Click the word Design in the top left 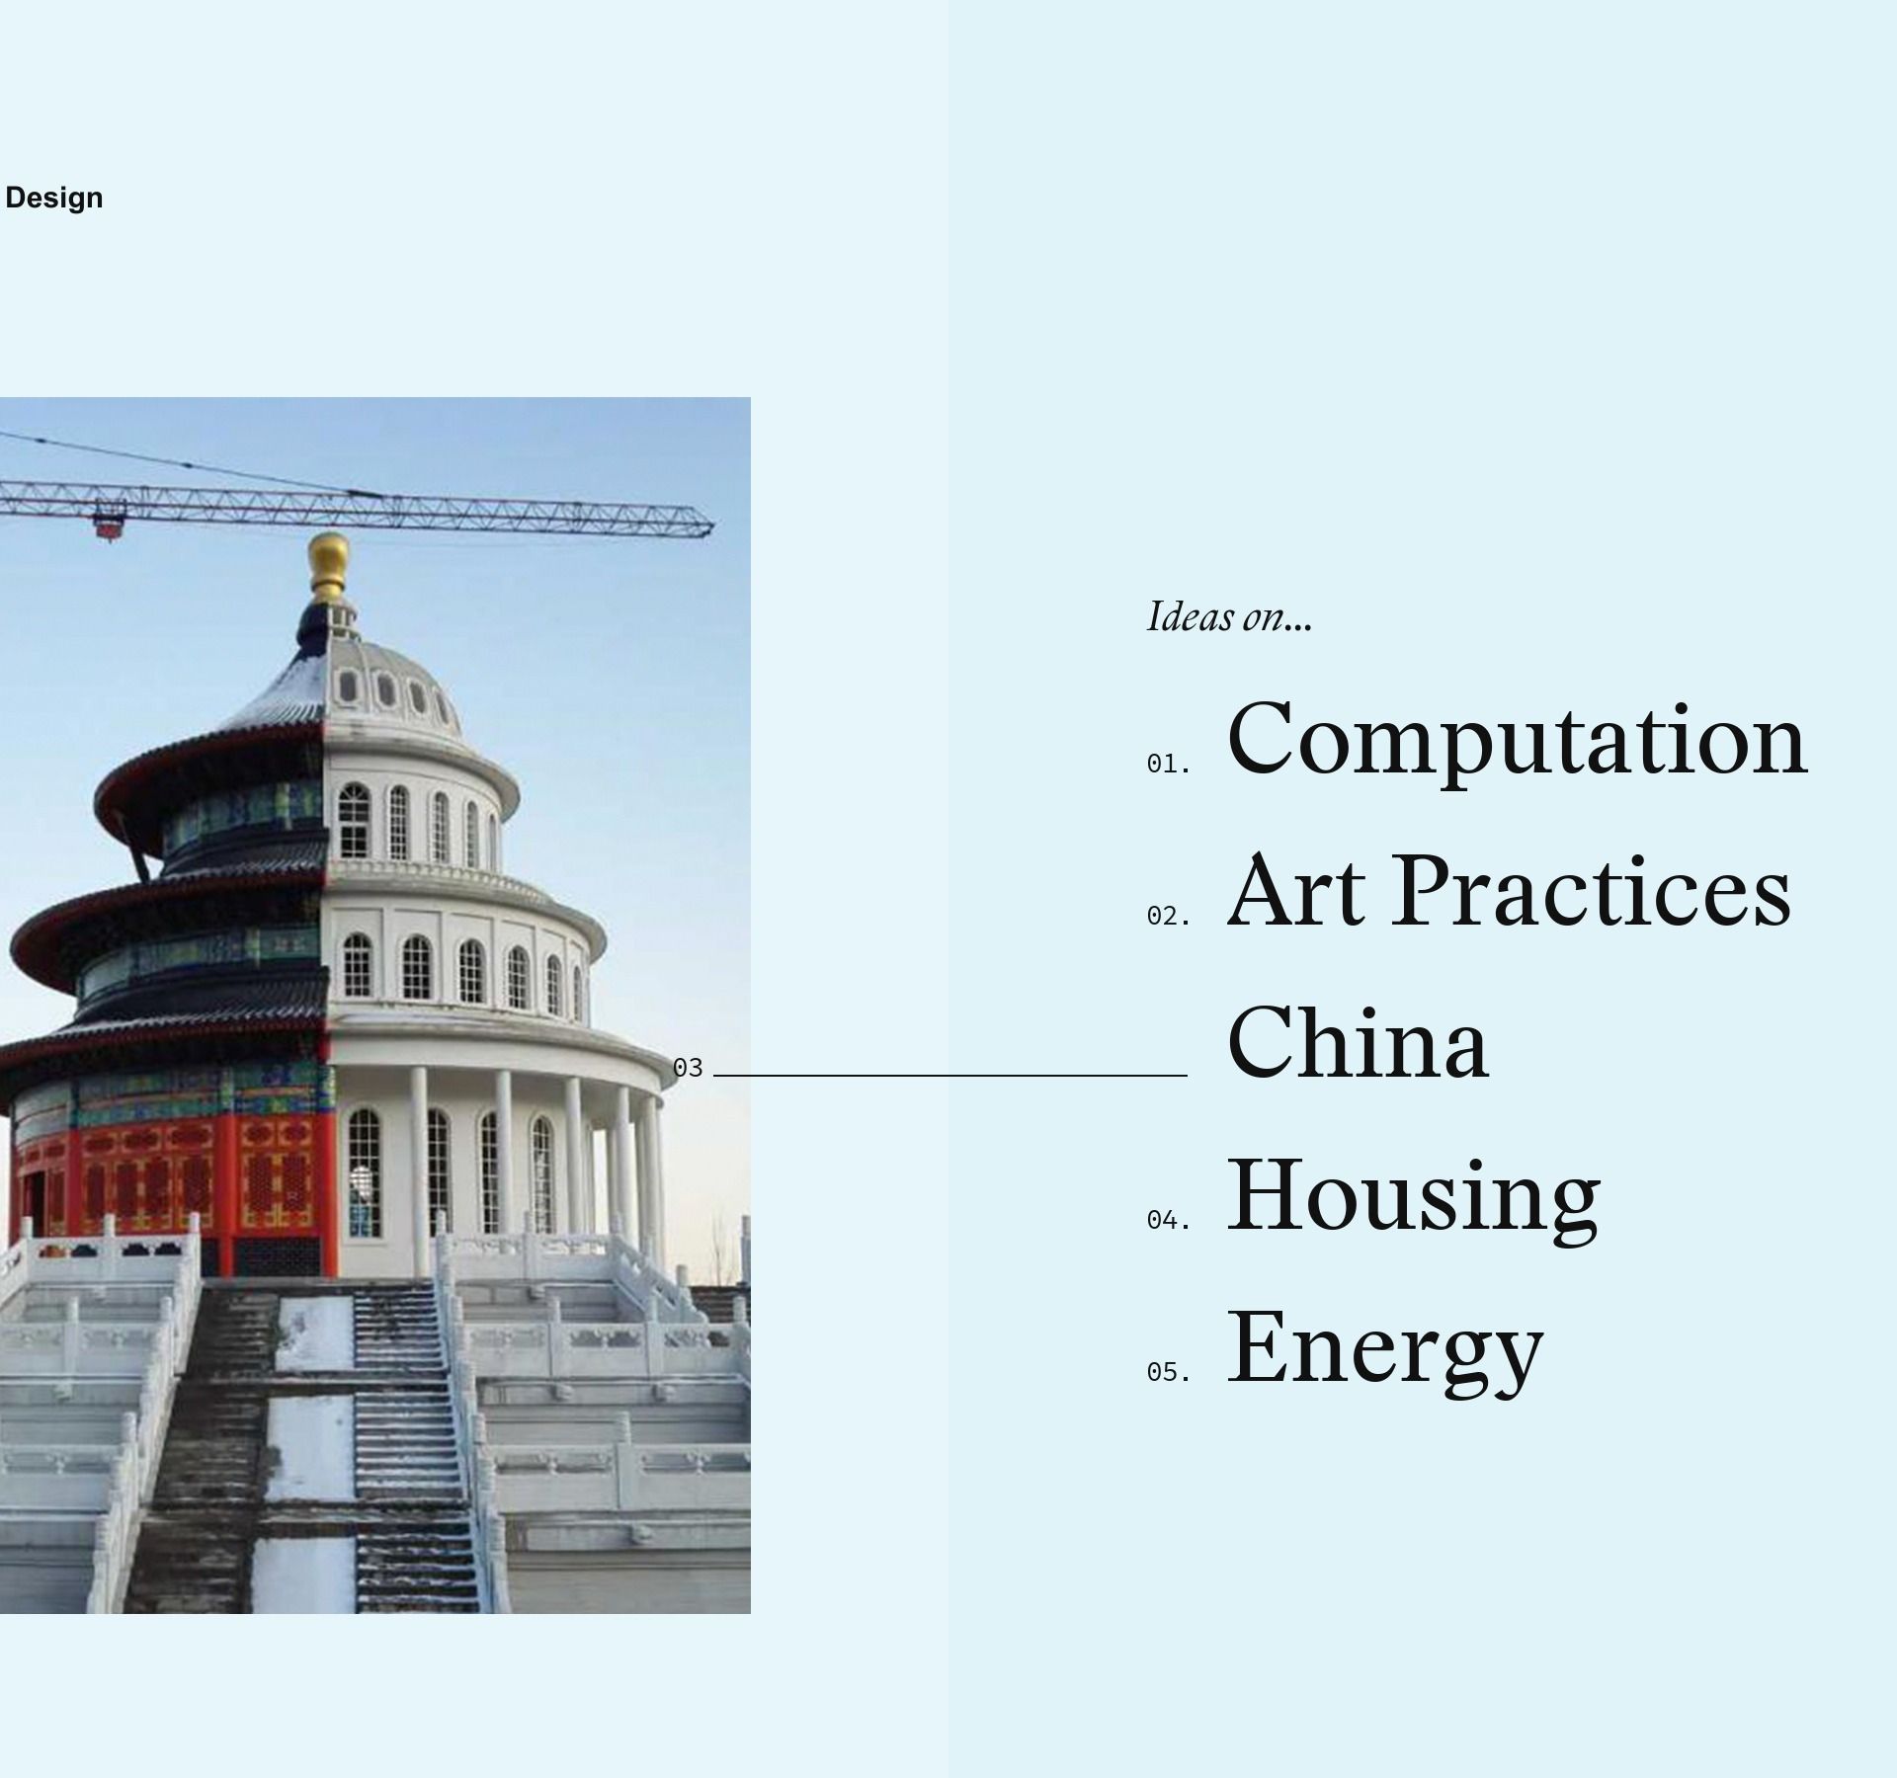pos(54,199)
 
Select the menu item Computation pos(1518,742)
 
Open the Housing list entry pos(1413,1198)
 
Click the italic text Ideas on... pos(1229,617)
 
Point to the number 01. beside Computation pos(1168,764)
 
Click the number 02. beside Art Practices pos(1168,916)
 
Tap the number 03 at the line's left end pos(688,1068)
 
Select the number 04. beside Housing pos(1168,1220)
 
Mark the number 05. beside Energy pos(1168,1372)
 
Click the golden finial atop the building pos(328,567)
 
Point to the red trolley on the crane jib pos(110,521)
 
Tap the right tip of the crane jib pos(713,522)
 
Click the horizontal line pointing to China pos(949,1075)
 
